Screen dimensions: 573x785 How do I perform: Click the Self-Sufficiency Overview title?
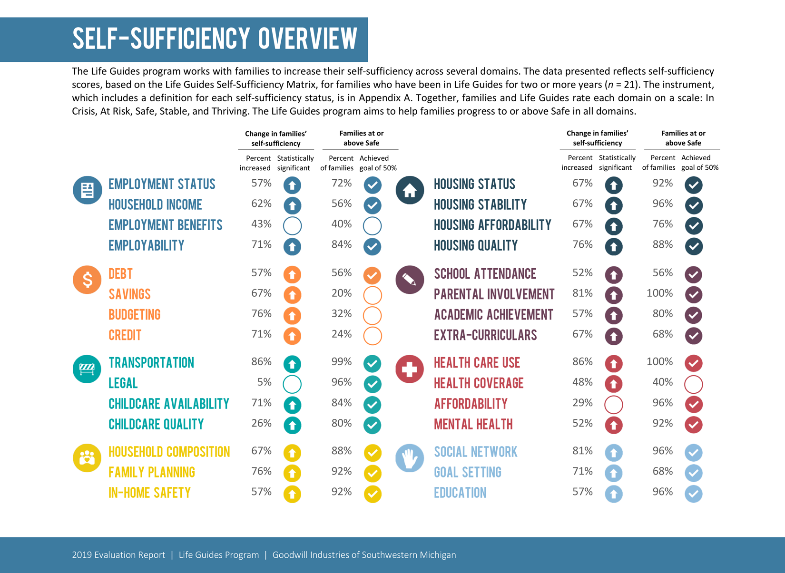point(215,39)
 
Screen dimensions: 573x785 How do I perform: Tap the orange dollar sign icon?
point(87,280)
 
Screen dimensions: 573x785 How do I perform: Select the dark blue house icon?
point(410,190)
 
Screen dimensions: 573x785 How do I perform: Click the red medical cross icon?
point(410,369)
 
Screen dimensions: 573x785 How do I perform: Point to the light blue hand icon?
point(410,458)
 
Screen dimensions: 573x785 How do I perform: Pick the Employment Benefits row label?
point(165,225)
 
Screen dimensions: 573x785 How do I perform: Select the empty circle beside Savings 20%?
point(373,295)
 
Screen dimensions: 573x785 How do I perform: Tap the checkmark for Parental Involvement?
point(694,295)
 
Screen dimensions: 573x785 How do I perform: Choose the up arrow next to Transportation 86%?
point(293,364)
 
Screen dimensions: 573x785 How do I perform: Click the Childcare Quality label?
point(156,424)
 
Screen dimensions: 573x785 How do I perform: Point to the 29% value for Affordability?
point(582,403)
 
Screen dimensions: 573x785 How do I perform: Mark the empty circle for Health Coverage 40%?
point(694,384)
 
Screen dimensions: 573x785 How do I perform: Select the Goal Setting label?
point(467,472)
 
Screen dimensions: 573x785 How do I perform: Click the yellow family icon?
point(87,458)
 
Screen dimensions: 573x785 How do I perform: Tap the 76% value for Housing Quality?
point(582,245)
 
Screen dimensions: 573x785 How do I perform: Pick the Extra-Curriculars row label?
point(485,335)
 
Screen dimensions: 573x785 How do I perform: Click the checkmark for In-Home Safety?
point(373,494)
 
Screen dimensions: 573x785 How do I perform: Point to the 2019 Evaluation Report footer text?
point(118,555)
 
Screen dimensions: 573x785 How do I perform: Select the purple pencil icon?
point(410,280)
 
